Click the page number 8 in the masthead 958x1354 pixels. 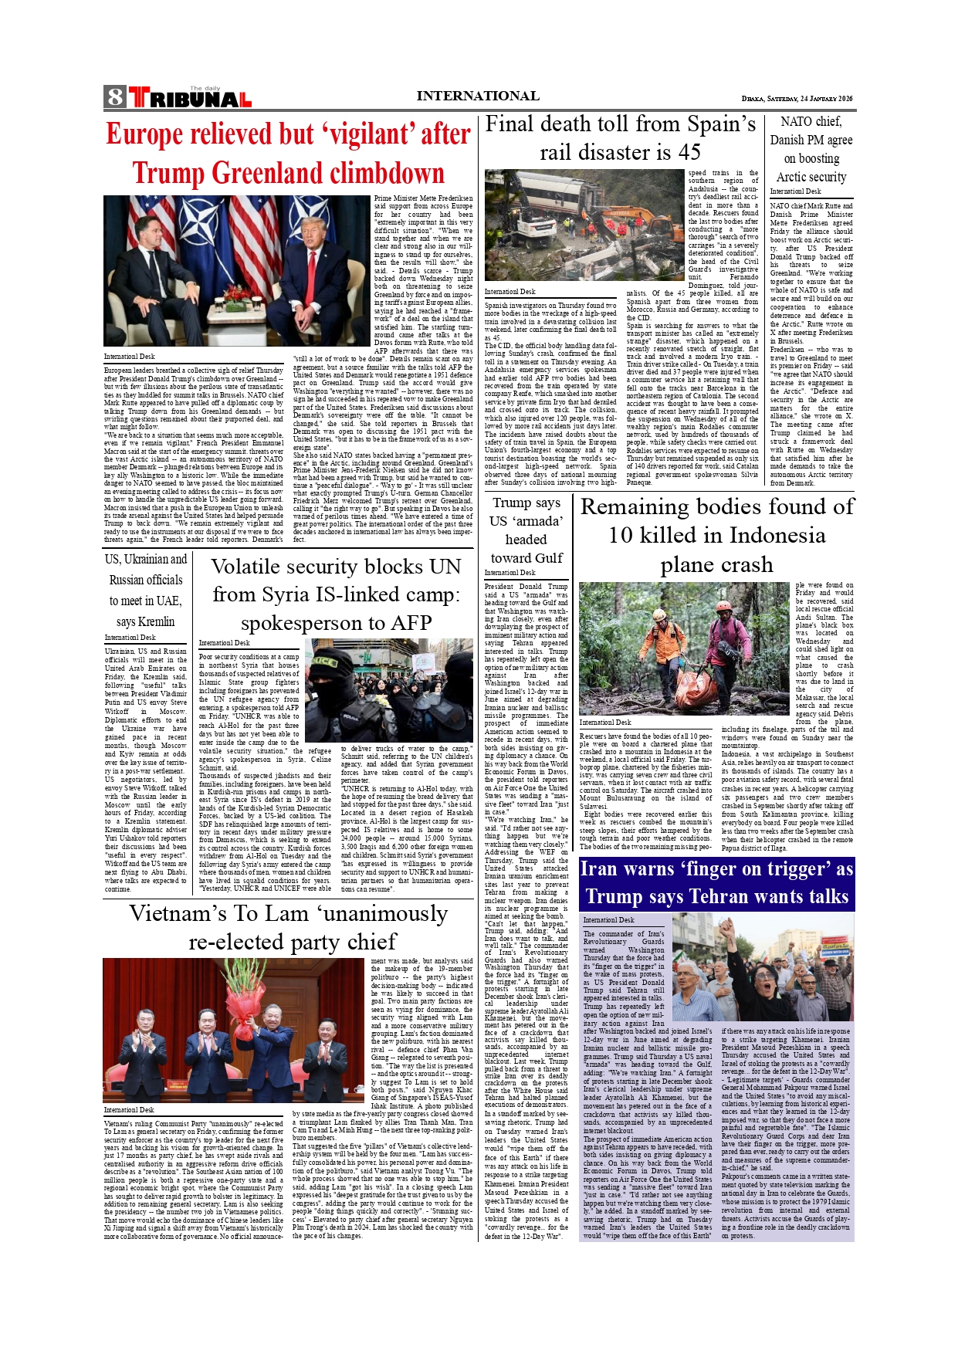pyautogui.click(x=115, y=97)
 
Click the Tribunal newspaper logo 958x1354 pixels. pyautogui.click(x=190, y=98)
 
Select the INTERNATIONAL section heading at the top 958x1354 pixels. pyautogui.click(x=478, y=96)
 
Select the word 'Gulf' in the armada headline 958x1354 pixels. pyautogui.click(x=548, y=558)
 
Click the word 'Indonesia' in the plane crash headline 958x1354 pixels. pyautogui.click(x=767, y=536)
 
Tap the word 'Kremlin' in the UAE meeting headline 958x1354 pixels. pyautogui.click(x=156, y=621)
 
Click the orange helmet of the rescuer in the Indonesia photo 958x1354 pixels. pyautogui.click(x=658, y=615)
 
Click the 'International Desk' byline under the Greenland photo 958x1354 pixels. pyautogui.click(x=130, y=357)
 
